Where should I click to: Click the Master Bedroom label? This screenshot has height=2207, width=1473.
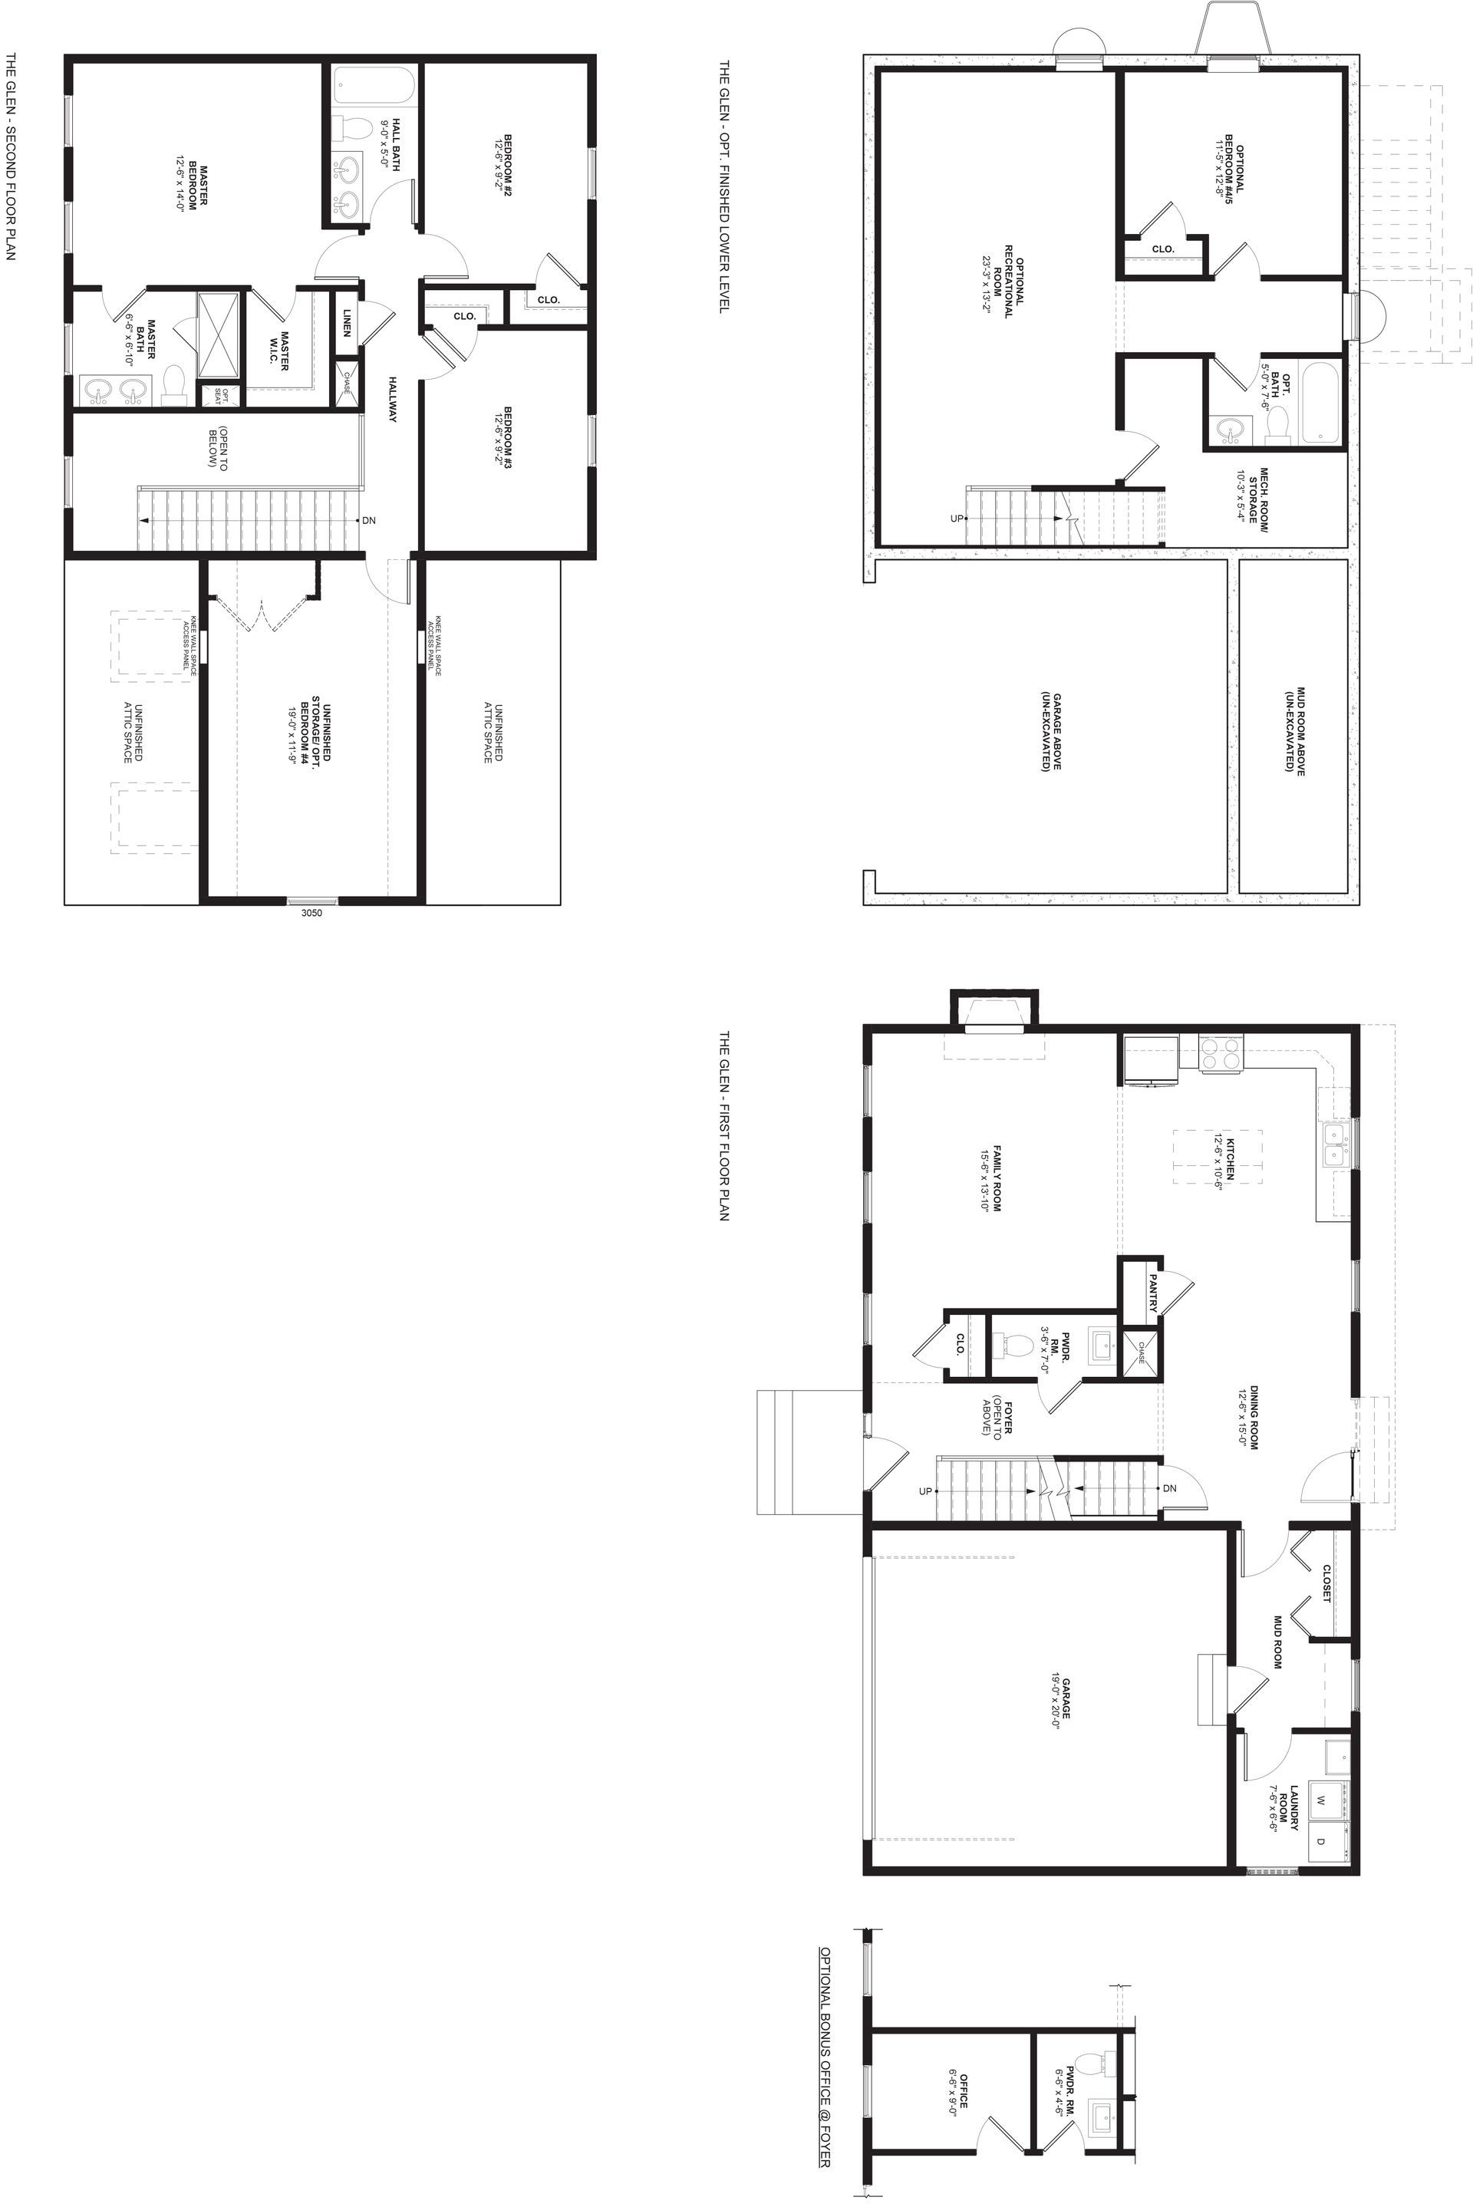[192, 188]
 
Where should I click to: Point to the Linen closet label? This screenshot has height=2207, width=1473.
[347, 322]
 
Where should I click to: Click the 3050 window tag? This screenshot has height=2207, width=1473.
[311, 912]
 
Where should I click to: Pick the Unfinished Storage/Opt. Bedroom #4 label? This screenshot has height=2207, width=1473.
[310, 734]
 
